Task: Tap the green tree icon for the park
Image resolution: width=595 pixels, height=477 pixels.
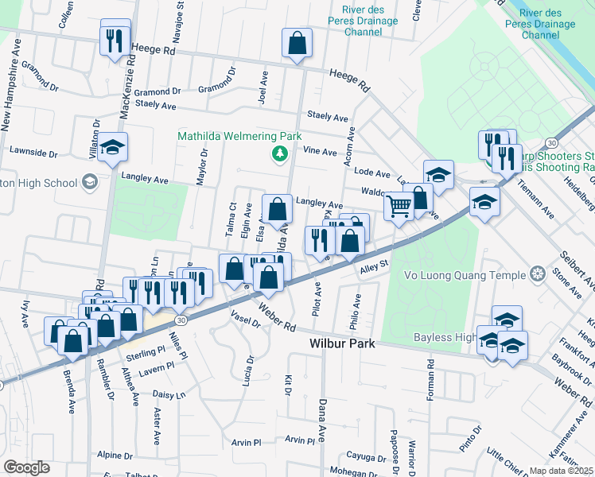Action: click(279, 152)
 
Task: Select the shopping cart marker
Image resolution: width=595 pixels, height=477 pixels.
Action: click(399, 207)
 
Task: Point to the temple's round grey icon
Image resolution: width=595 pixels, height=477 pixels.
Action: click(539, 274)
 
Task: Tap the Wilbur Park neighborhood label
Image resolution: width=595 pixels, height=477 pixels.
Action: click(341, 344)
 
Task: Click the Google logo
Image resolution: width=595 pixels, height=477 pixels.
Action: click(26, 467)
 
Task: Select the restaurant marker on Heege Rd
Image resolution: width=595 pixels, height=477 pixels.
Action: click(115, 39)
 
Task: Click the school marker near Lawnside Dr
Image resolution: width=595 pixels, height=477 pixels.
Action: click(113, 148)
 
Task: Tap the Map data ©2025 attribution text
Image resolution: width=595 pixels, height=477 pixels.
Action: click(561, 471)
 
